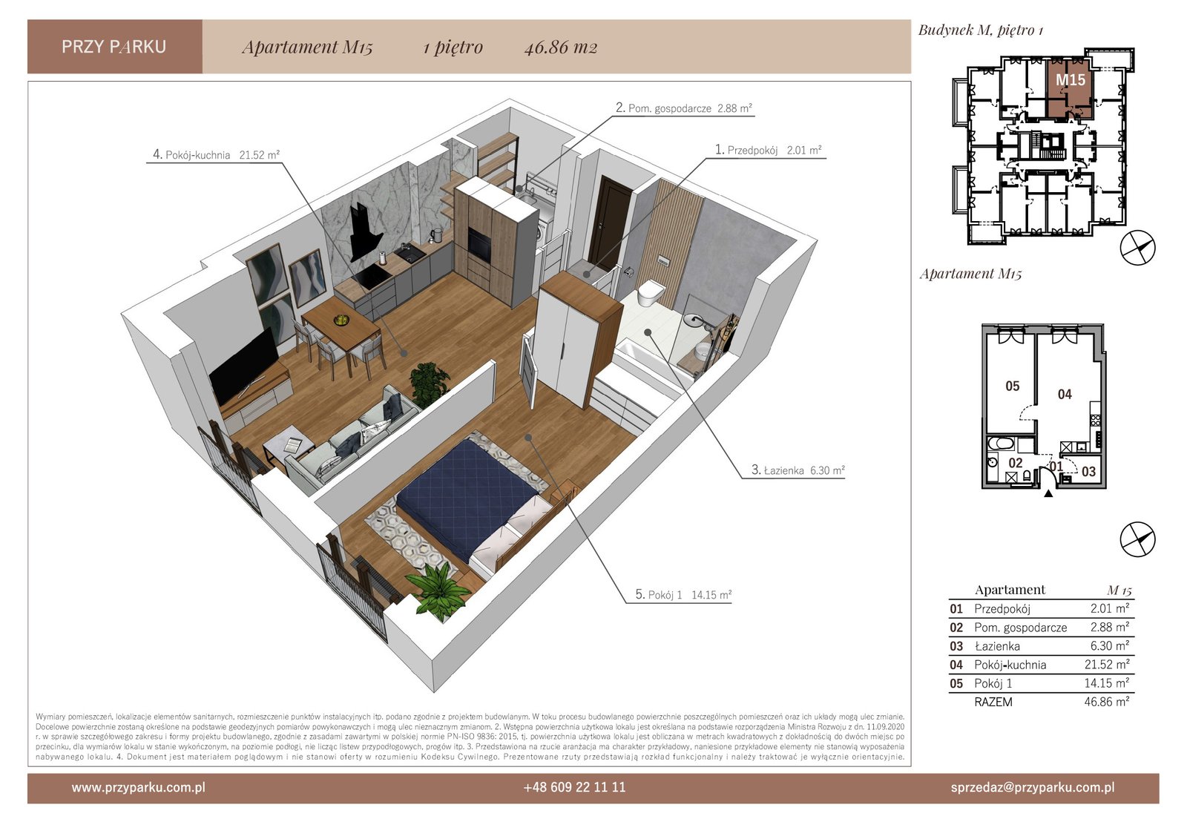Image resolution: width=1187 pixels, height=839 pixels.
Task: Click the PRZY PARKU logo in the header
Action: [x=114, y=47]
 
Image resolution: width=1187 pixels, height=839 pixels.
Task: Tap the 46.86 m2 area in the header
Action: [x=561, y=47]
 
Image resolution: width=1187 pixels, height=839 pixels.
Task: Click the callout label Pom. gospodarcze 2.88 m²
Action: [x=683, y=108]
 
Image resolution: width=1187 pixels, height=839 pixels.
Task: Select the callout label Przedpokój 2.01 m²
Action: [x=768, y=150]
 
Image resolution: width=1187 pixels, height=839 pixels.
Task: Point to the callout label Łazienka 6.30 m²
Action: [x=798, y=470]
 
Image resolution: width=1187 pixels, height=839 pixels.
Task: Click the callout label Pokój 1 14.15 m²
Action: [x=683, y=595]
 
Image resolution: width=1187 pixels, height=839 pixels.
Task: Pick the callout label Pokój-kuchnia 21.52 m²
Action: [x=216, y=155]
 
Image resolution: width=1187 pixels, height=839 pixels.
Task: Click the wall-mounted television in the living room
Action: [x=243, y=365]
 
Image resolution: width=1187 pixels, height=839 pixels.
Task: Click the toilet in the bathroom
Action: [x=651, y=292]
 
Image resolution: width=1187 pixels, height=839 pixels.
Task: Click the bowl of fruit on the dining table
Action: [x=341, y=320]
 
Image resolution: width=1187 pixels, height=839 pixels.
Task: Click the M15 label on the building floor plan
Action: [x=1071, y=80]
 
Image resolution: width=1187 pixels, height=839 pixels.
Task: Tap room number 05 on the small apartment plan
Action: [x=1012, y=386]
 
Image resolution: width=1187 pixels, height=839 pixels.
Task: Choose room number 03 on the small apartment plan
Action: [x=1088, y=472]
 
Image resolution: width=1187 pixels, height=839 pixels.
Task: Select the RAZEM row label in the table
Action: [x=993, y=703]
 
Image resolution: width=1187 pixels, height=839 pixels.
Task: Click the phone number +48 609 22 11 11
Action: [x=574, y=788]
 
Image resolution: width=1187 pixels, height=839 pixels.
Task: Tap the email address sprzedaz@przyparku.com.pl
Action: [x=1032, y=788]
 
